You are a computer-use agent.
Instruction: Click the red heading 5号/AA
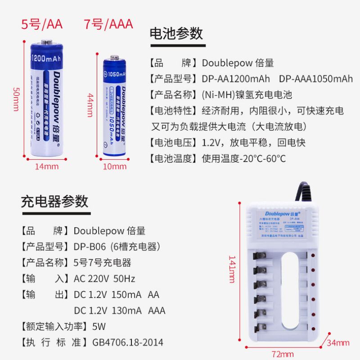point(42,23)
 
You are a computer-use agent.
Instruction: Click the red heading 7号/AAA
point(108,23)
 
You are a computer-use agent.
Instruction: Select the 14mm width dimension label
point(47,166)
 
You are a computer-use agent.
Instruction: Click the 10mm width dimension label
point(115,166)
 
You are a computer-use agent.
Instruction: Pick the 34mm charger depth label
point(338,343)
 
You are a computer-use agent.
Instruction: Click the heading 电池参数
point(176,34)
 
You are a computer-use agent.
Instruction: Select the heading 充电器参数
point(55,201)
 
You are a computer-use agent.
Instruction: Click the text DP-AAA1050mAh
point(316,79)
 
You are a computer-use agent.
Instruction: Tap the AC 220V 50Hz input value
point(104,279)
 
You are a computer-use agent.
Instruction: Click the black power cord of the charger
point(301,191)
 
